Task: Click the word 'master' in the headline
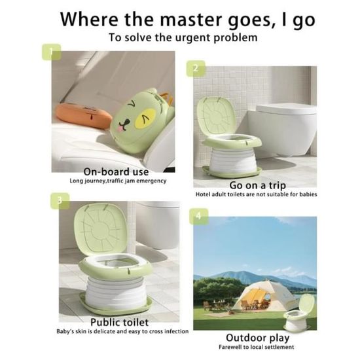click(x=191, y=20)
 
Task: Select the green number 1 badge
click(x=51, y=52)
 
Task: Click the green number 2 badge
click(x=196, y=69)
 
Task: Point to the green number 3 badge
click(x=60, y=201)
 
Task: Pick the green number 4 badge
click(x=199, y=217)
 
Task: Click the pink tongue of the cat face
click(x=120, y=128)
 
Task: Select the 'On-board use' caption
click(x=116, y=171)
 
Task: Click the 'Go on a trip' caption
click(x=257, y=185)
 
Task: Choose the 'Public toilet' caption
click(x=119, y=322)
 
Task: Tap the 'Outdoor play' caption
click(x=258, y=338)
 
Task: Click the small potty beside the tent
click(x=298, y=312)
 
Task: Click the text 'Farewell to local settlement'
click(x=256, y=347)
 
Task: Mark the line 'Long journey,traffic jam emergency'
click(x=118, y=181)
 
